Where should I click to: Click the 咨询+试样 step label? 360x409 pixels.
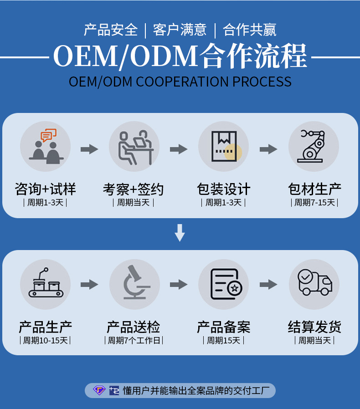click(x=45, y=189)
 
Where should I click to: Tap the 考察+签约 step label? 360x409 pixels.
click(x=133, y=189)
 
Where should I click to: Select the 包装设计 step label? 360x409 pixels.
click(x=223, y=189)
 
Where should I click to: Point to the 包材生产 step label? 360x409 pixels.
click(x=314, y=189)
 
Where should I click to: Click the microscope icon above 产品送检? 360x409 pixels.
click(x=135, y=284)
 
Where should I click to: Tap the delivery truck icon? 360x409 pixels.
click(x=314, y=283)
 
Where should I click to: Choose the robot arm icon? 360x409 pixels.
click(x=313, y=146)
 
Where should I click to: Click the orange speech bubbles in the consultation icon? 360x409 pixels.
click(x=49, y=135)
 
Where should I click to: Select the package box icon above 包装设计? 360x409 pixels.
click(x=224, y=146)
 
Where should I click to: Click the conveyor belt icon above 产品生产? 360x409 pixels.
click(x=45, y=284)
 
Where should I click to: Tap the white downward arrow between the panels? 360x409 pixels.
click(x=180, y=233)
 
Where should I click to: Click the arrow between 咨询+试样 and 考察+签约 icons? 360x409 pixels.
click(x=89, y=149)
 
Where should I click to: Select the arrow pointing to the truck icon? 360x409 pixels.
click(x=269, y=285)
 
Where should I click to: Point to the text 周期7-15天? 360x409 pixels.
click(x=314, y=203)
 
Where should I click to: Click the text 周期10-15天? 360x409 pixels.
click(x=45, y=340)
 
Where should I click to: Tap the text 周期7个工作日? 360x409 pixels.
click(x=134, y=340)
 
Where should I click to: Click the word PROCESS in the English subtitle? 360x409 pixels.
click(x=262, y=82)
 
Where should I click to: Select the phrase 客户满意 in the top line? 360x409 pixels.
click(x=180, y=30)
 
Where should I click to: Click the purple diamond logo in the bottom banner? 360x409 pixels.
click(x=99, y=390)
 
